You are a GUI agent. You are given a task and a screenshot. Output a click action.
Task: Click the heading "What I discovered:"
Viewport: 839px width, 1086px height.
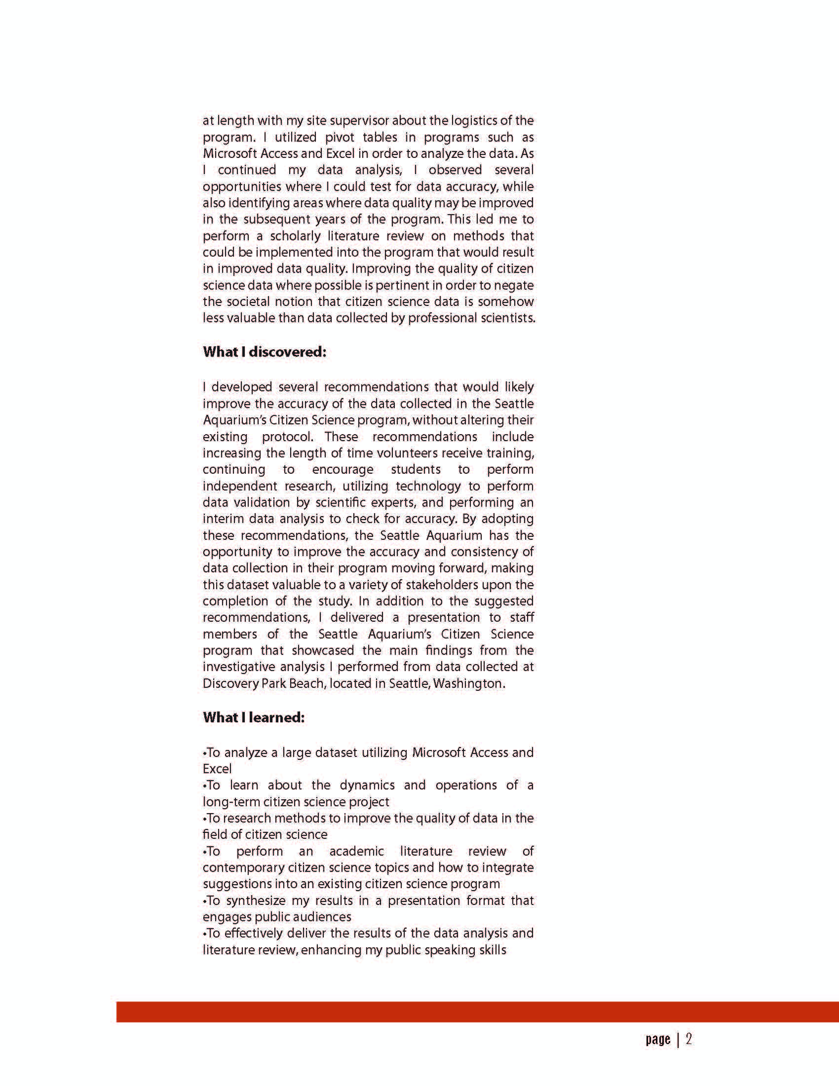click(264, 352)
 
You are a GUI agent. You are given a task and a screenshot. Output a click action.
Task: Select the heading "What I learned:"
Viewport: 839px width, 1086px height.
click(253, 717)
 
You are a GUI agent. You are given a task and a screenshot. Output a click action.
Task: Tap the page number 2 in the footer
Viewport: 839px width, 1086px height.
click(689, 1039)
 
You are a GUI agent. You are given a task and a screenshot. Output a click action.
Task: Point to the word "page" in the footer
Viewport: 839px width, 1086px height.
click(657, 1040)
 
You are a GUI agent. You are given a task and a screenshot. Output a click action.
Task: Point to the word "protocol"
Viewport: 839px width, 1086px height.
click(287, 437)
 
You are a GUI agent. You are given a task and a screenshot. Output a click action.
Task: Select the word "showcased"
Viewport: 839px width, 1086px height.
click(323, 650)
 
